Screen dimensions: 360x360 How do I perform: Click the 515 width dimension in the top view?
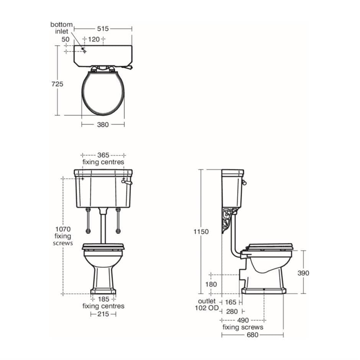(103, 28)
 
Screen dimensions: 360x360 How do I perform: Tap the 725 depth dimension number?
(57, 84)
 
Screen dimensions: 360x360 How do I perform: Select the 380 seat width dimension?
(103, 124)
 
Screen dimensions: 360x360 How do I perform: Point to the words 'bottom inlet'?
(61, 28)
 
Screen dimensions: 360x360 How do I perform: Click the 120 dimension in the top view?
(93, 39)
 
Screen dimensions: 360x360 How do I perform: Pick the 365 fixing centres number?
(103, 155)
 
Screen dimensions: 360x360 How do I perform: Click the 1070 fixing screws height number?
(63, 229)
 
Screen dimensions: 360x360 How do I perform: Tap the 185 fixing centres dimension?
(103, 299)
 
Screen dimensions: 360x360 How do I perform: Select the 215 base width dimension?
(103, 314)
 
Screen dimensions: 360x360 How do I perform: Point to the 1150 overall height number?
(201, 232)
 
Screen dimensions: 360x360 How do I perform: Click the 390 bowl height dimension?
(303, 273)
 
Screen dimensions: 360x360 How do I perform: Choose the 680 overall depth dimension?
(252, 335)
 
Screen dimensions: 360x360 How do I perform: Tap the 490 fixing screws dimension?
(242, 320)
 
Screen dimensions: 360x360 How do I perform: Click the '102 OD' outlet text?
(207, 308)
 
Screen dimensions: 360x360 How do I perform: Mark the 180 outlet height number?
(211, 284)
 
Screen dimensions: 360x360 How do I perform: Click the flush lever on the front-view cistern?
(127, 183)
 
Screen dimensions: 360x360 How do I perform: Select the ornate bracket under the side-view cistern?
(229, 220)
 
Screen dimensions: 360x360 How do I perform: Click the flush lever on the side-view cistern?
(244, 182)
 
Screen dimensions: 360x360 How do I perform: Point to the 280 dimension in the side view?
(232, 311)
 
